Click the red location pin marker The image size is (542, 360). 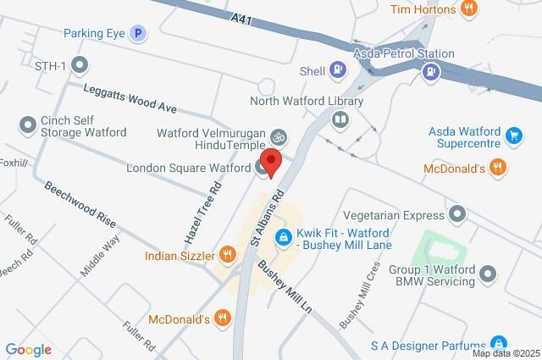coord(271,162)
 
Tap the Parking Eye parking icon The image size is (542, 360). coord(138,34)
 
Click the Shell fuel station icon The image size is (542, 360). coord(338,69)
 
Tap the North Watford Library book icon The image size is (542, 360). coord(340,119)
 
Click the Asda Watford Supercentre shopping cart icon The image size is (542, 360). coord(512,135)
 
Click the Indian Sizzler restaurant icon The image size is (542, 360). coord(227,255)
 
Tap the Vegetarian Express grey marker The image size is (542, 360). coord(458,212)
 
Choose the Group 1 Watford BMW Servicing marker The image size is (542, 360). coord(487,274)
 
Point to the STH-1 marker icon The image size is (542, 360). coord(80,64)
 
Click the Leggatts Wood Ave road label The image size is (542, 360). coord(129,99)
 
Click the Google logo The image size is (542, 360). coord(28,350)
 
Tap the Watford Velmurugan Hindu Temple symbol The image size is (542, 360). coord(278,136)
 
